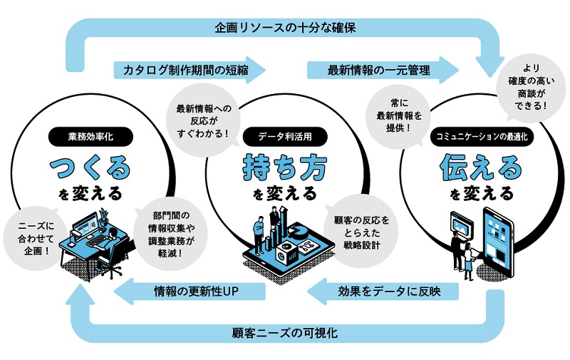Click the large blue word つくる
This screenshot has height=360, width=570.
91,168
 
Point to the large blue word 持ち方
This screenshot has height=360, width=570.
284,168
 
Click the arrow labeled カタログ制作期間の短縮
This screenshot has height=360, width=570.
189,71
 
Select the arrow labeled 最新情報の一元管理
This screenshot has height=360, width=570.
381,71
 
